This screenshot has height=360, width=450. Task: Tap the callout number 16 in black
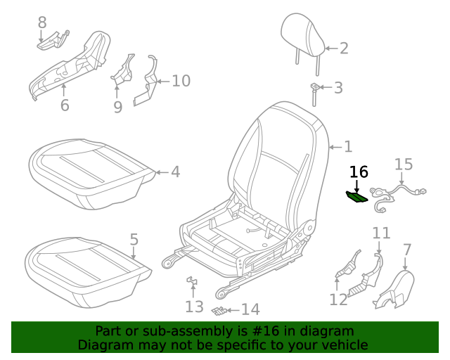[x=359, y=172]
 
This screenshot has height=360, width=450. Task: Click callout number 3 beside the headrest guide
[x=338, y=88]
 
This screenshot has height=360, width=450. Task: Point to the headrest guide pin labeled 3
[x=314, y=93]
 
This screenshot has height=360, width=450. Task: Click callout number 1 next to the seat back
[x=347, y=147]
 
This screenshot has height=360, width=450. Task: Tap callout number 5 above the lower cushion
[x=134, y=239]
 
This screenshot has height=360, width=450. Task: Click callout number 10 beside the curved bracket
[x=181, y=81]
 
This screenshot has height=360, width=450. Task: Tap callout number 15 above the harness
[x=403, y=165]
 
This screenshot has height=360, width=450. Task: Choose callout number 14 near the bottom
[x=250, y=309]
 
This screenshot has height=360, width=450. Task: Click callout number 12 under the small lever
[x=338, y=300]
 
